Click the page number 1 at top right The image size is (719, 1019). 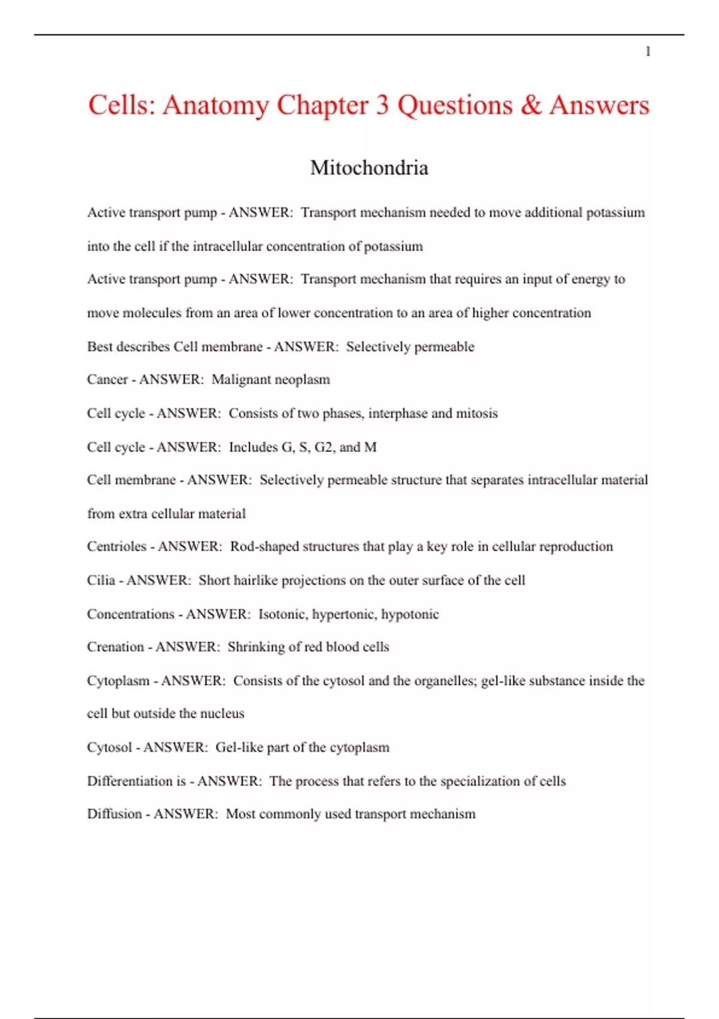pyautogui.click(x=648, y=52)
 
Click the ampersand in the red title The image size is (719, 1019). pyautogui.click(x=531, y=105)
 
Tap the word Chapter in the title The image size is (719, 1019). pyautogui.click(x=322, y=105)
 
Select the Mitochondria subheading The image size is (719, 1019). pyautogui.click(x=369, y=168)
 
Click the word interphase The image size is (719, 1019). pyautogui.click(x=398, y=414)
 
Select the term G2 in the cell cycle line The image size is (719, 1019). pyautogui.click(x=325, y=447)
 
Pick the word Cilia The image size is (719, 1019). pyautogui.click(x=101, y=580)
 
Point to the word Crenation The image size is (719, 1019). pyautogui.click(x=115, y=647)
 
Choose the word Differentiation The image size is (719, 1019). pyautogui.click(x=129, y=781)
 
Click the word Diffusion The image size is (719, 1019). pyautogui.click(x=114, y=814)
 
